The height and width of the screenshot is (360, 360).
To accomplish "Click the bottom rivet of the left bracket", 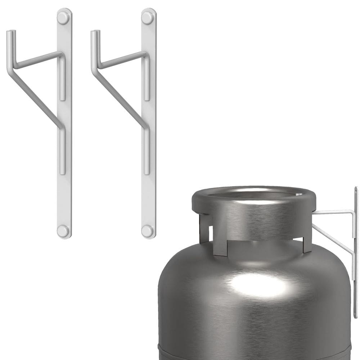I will (x=63, y=231).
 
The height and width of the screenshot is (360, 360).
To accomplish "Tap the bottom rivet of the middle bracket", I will (x=147, y=231).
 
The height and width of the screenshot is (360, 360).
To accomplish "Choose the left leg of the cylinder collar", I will (x=204, y=229).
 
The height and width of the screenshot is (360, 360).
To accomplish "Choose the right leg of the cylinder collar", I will (x=307, y=245).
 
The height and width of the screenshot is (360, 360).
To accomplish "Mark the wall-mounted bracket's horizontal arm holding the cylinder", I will (x=333, y=212).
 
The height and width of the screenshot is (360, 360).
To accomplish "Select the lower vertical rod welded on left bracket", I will (x=63, y=151).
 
